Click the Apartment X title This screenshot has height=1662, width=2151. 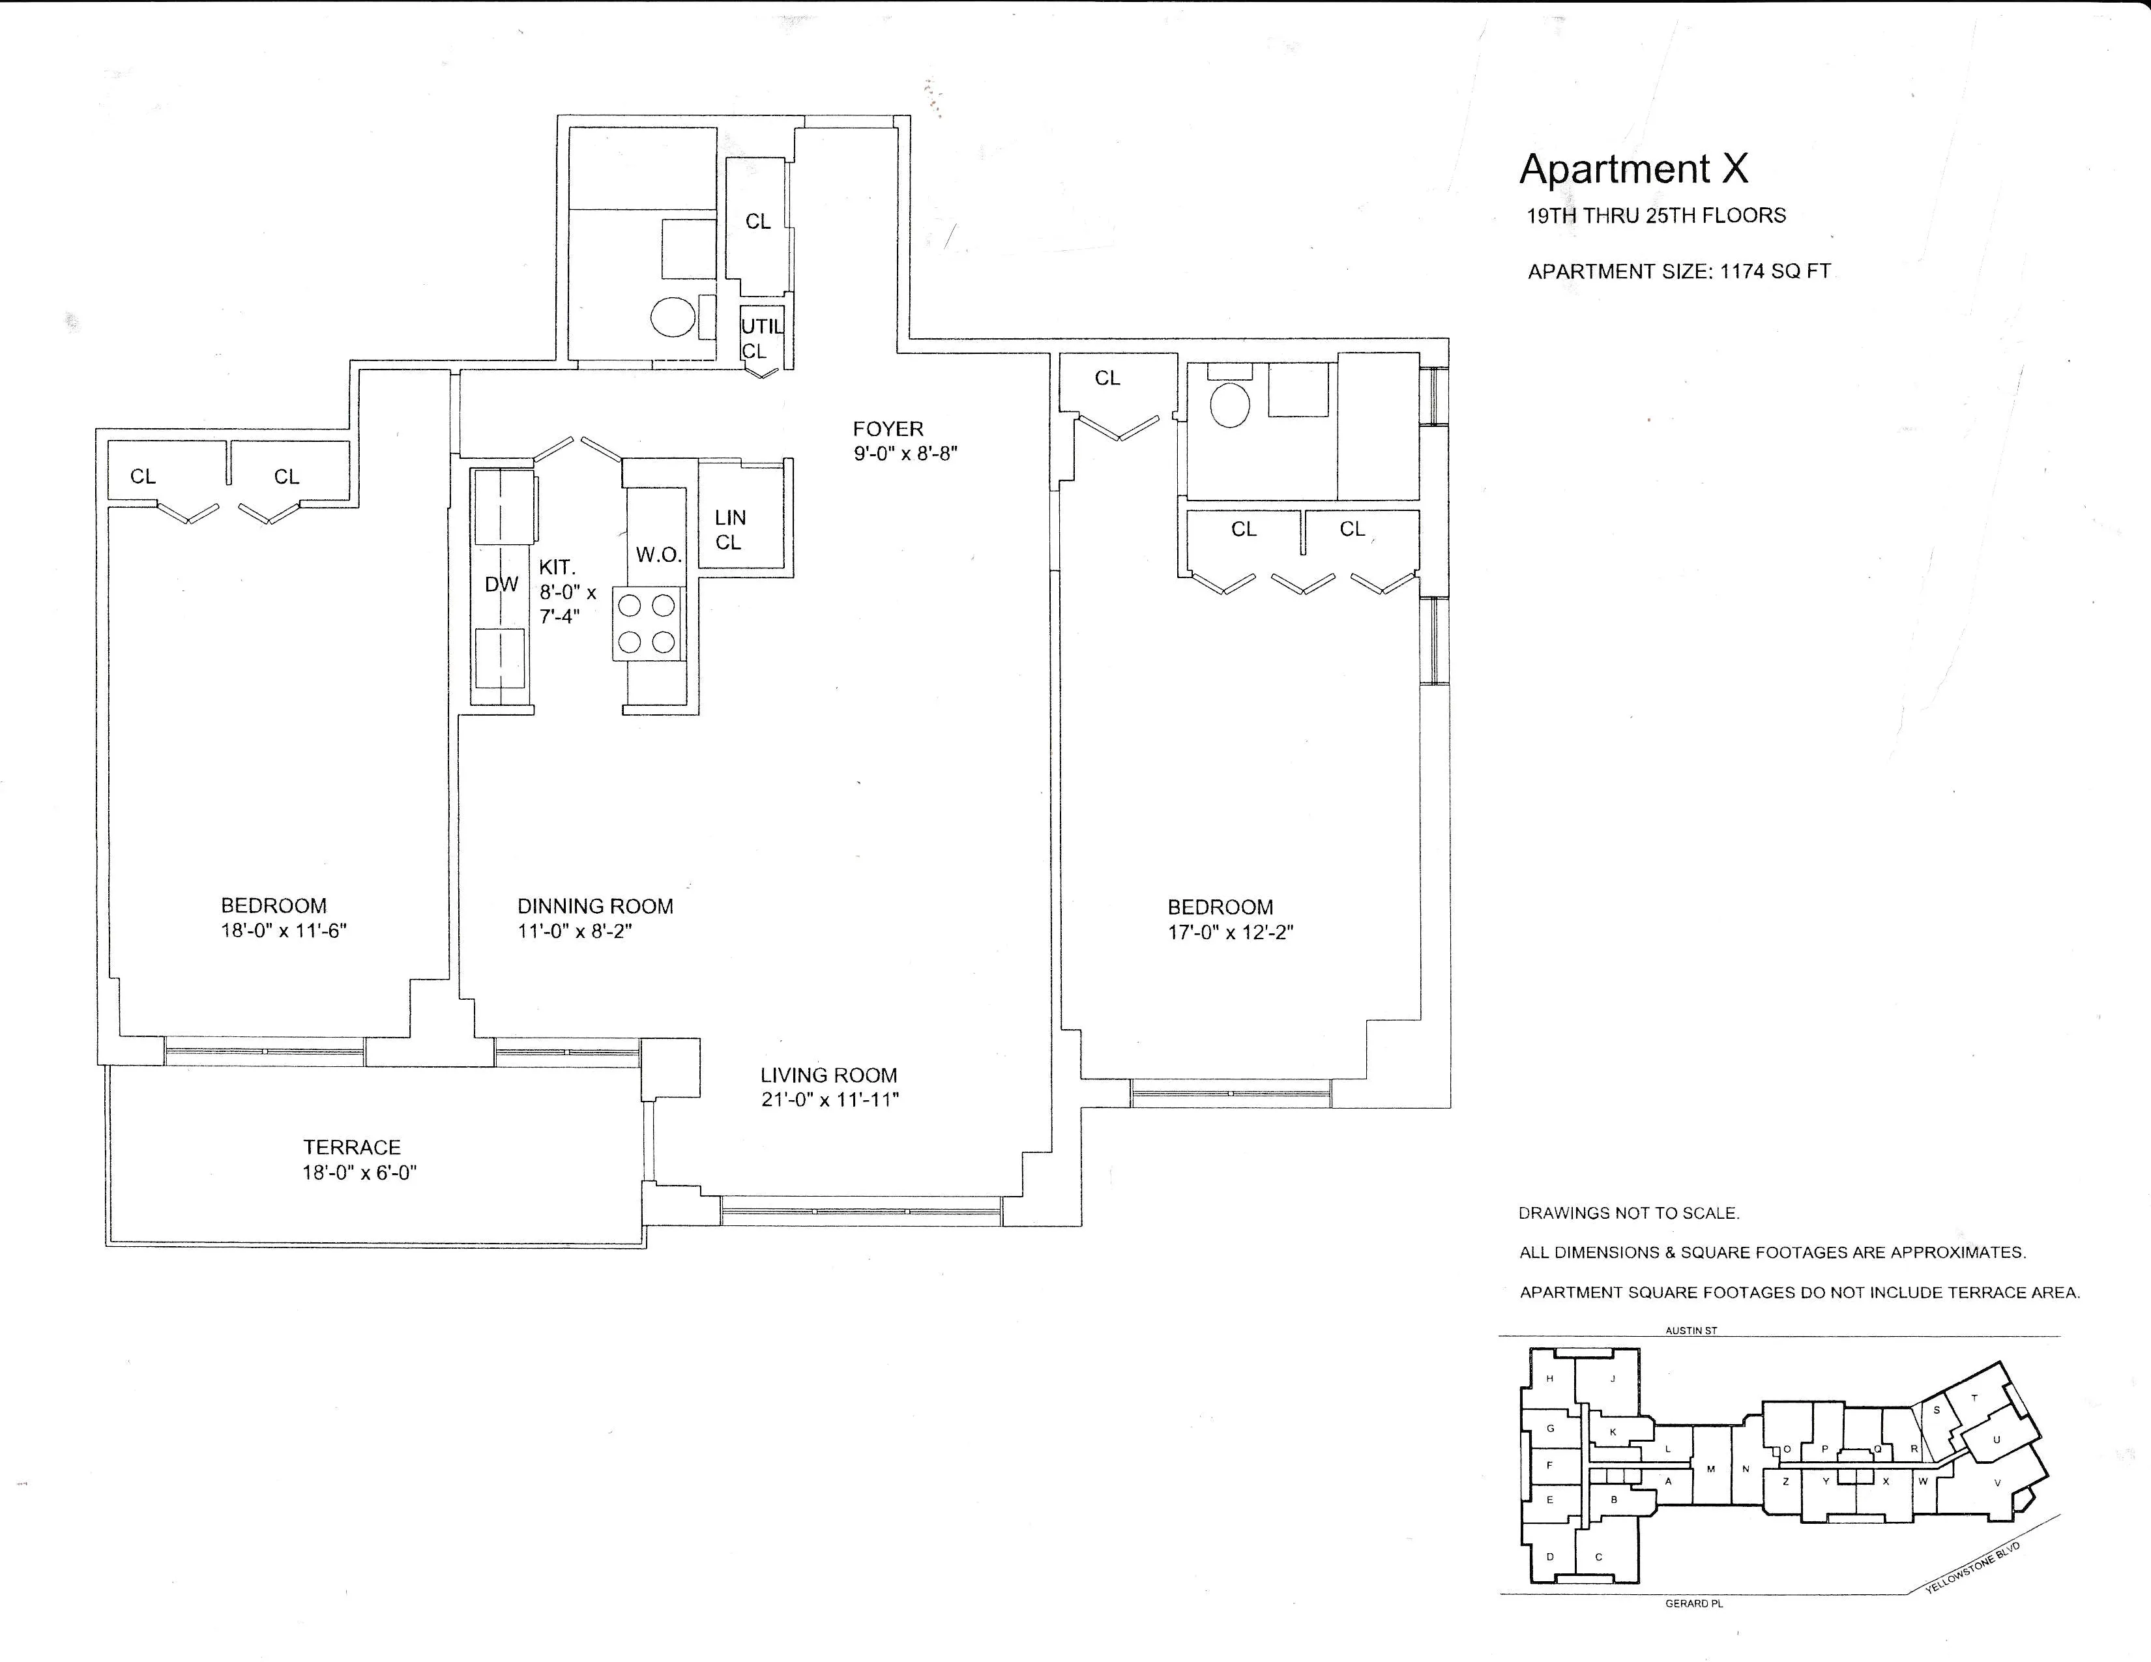click(x=1633, y=169)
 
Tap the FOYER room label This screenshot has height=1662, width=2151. click(x=887, y=430)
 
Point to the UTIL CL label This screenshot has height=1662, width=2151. click(x=761, y=338)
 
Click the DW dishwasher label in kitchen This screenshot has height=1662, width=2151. click(x=501, y=585)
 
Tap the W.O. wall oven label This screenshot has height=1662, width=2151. click(x=658, y=555)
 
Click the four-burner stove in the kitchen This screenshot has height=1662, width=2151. click(x=646, y=623)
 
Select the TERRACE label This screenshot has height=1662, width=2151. click(x=351, y=1148)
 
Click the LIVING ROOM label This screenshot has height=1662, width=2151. click(x=828, y=1076)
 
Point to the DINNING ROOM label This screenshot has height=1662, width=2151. click(x=595, y=907)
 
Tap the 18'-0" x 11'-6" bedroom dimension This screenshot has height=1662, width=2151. click(x=284, y=931)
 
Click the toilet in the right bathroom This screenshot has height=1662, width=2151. click(x=1229, y=405)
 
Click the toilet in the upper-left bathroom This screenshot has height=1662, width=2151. click(x=673, y=317)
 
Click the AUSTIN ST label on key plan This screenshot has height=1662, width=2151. click(x=1690, y=1330)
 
